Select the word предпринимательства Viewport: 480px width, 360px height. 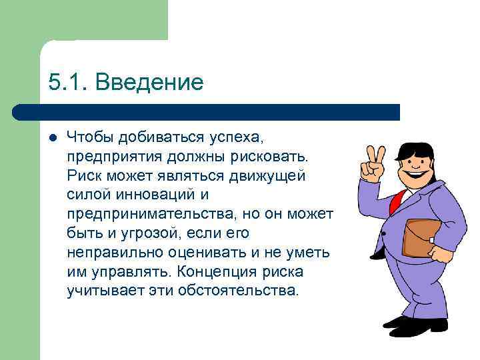point(151,215)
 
